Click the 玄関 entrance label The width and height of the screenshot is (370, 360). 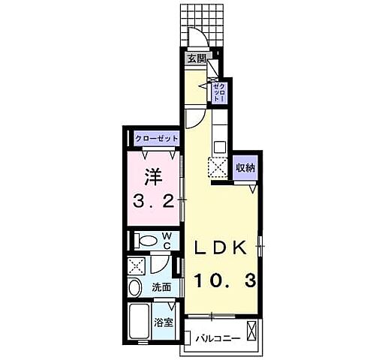[x=197, y=59]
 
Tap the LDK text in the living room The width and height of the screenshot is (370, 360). [x=220, y=247]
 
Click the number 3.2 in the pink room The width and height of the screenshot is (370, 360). [x=153, y=202]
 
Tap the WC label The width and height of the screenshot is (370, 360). [x=167, y=241]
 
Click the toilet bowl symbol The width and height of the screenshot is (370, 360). [x=146, y=241]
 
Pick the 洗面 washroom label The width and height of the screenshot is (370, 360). [x=161, y=287]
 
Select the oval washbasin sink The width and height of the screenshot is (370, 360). [x=134, y=288]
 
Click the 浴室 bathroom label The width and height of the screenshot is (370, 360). [x=163, y=322]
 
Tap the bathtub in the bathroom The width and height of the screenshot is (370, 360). [x=139, y=321]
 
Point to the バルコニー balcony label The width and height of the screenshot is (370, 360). [x=218, y=339]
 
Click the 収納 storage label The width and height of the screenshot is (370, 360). [x=245, y=167]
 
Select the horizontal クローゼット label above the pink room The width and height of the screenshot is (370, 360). [x=157, y=138]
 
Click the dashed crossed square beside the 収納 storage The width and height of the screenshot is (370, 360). [x=218, y=167]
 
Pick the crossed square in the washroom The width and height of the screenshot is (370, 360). [x=137, y=266]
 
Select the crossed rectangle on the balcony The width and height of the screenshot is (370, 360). [x=251, y=331]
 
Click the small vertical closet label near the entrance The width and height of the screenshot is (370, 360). [x=219, y=92]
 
